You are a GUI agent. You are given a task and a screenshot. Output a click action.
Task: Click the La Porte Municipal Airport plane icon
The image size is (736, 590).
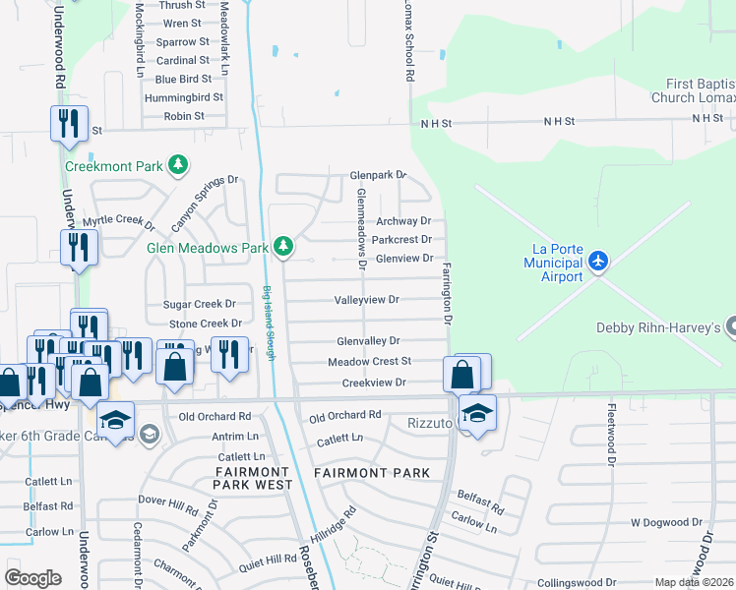[x=598, y=263]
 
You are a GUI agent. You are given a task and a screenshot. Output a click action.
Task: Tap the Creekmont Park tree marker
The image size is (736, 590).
[x=178, y=165]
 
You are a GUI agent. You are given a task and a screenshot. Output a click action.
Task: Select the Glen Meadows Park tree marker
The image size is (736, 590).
[x=284, y=246]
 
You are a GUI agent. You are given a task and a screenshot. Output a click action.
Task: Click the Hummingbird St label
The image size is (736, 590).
[x=179, y=97]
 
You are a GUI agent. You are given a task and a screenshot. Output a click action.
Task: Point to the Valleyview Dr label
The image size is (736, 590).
[x=367, y=299]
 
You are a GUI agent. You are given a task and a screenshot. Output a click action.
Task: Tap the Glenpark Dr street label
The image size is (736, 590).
[x=379, y=175]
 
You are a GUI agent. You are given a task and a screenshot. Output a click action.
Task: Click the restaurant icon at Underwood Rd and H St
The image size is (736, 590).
[x=69, y=124]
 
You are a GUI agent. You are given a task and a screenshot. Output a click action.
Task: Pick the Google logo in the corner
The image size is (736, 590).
[x=32, y=577]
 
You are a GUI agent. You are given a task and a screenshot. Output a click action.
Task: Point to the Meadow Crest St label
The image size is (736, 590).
[x=369, y=362]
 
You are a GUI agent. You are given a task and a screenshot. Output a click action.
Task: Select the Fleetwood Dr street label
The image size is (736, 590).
[x=611, y=434]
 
